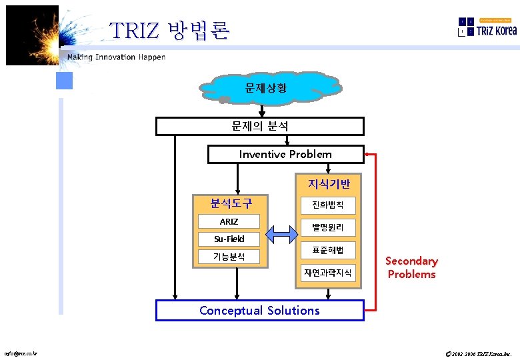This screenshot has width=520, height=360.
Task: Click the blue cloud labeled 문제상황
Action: tap(265, 88)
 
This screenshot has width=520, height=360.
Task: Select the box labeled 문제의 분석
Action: tap(260, 126)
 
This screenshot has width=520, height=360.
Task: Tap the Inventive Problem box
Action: tap(285, 154)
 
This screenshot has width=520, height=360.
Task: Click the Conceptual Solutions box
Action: tap(259, 310)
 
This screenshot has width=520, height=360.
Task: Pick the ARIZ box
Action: tap(229, 222)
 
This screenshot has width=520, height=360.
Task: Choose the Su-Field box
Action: tap(229, 239)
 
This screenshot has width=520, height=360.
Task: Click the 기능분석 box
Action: tap(229, 257)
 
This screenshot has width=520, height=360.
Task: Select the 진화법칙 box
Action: tap(328, 205)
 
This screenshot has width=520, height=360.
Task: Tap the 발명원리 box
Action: tap(328, 227)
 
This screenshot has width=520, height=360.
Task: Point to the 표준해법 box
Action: tap(328, 250)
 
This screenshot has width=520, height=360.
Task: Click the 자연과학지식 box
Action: tap(328, 272)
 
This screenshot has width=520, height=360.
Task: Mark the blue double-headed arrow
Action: tap(282, 233)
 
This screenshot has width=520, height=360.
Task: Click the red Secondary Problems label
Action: tap(411, 267)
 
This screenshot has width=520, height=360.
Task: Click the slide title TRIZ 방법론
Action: tap(169, 30)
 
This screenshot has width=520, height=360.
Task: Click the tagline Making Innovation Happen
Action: tap(116, 57)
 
